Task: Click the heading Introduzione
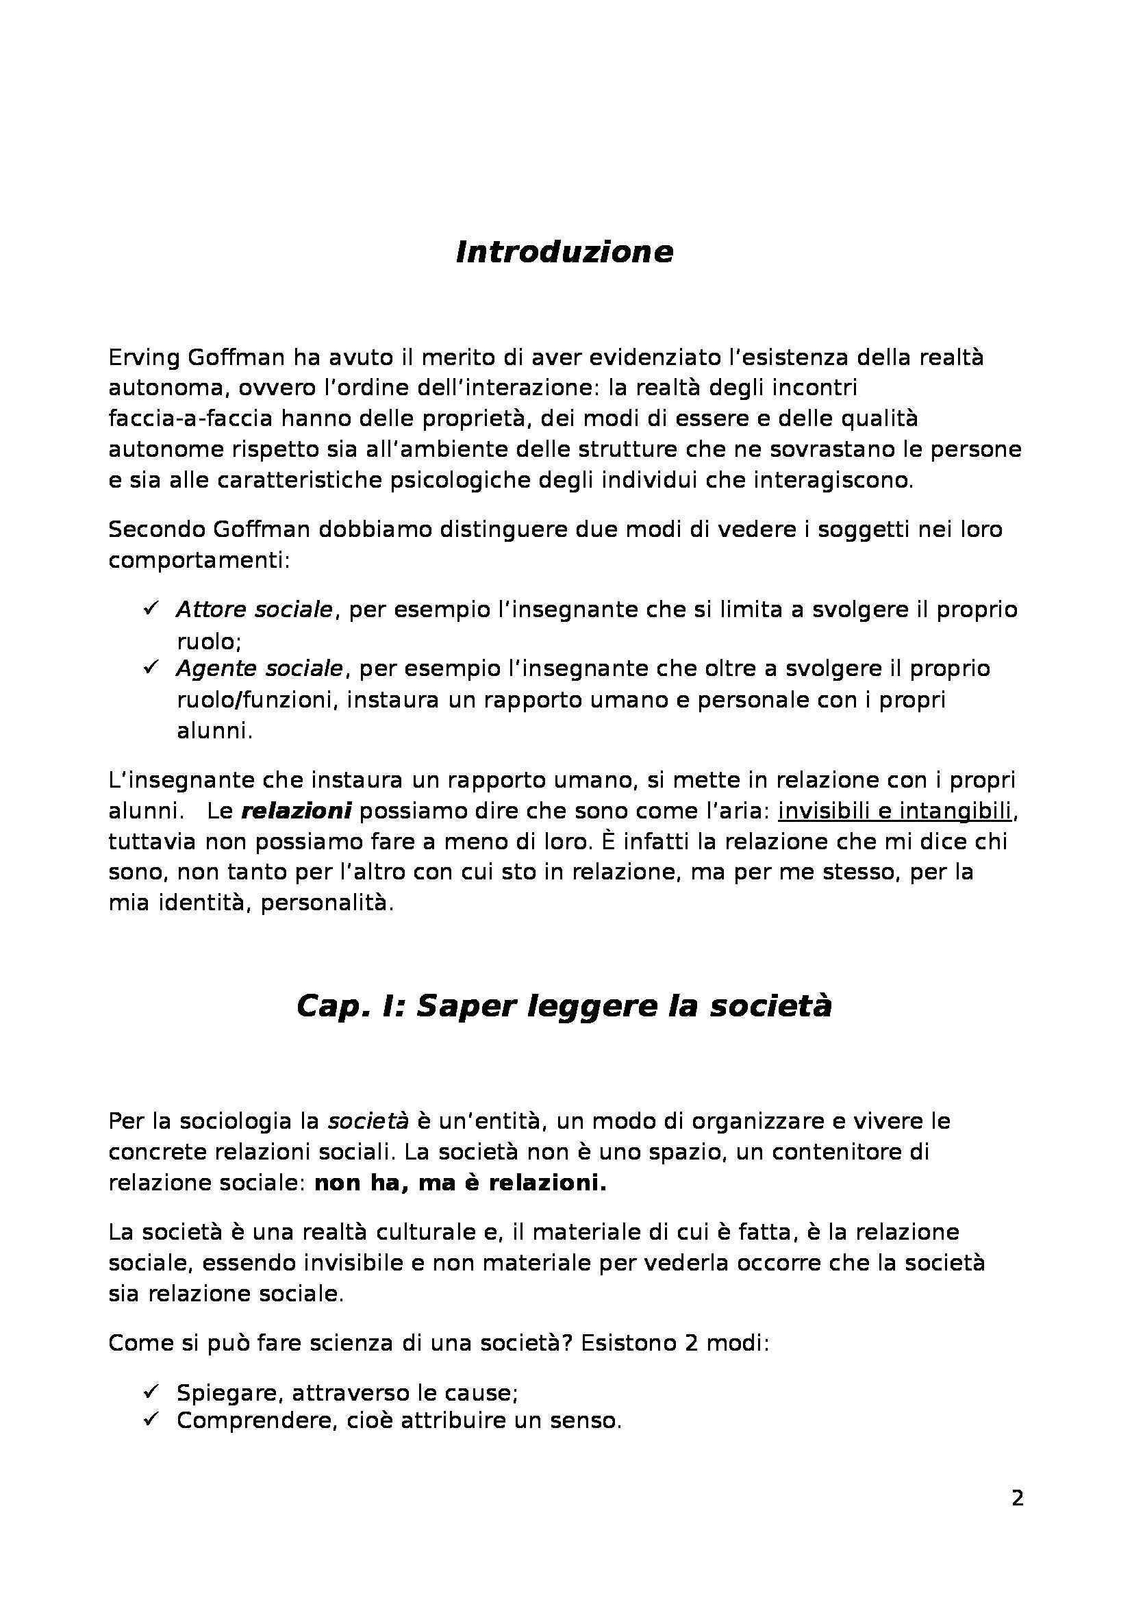564,253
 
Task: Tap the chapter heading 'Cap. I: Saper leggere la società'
564,1007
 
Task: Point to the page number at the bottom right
1017,1518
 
